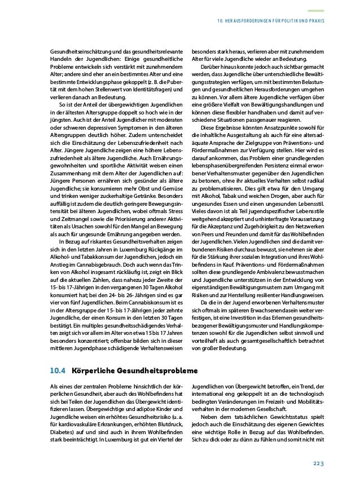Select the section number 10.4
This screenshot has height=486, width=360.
pyautogui.click(x=57, y=371)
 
